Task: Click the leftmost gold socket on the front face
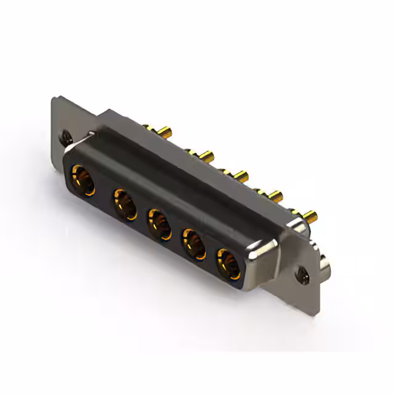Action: click(82, 180)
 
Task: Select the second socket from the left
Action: click(125, 204)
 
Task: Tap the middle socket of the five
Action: click(159, 225)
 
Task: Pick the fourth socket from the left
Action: click(194, 244)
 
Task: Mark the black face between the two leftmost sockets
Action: click(104, 193)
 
